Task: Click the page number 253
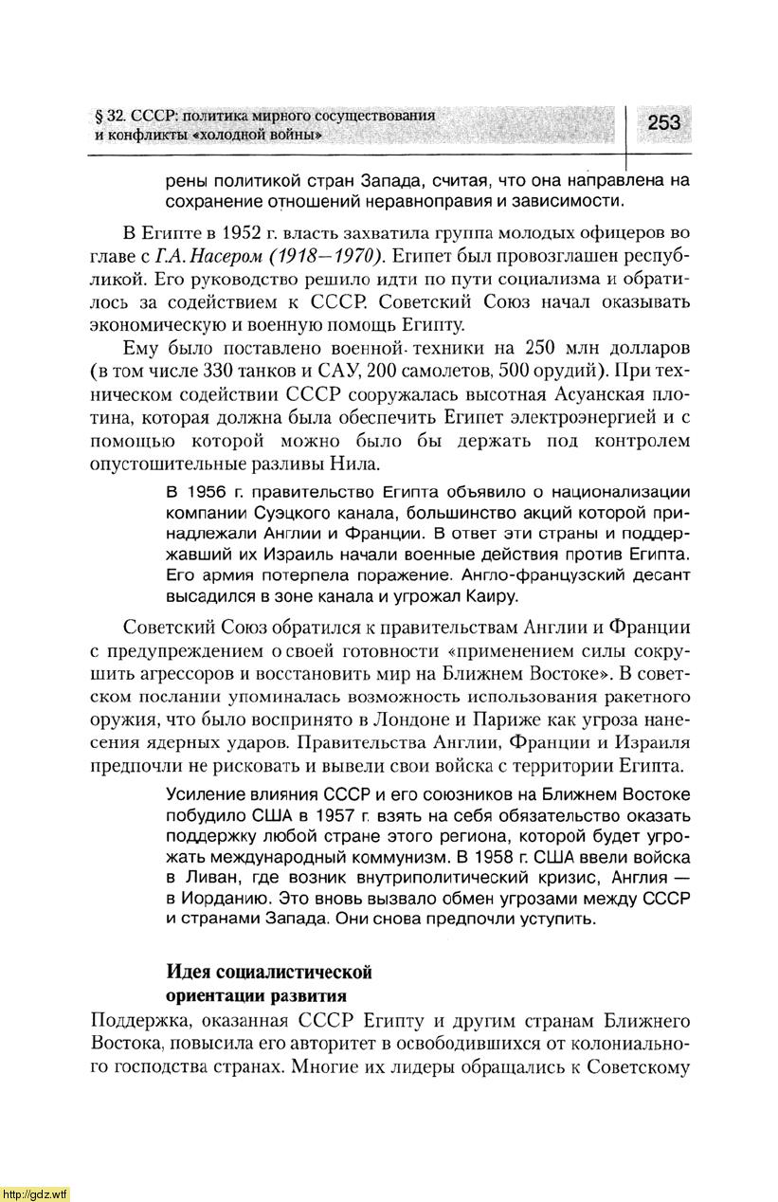point(664,123)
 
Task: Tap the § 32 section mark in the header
point(111,116)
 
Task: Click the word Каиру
point(493,596)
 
